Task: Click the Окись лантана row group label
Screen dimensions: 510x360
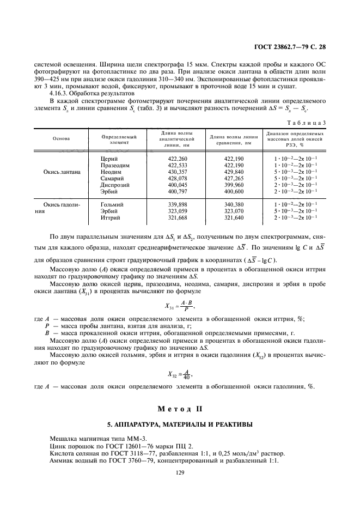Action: (x=62, y=172)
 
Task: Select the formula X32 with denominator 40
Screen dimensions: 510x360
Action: (x=180, y=374)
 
